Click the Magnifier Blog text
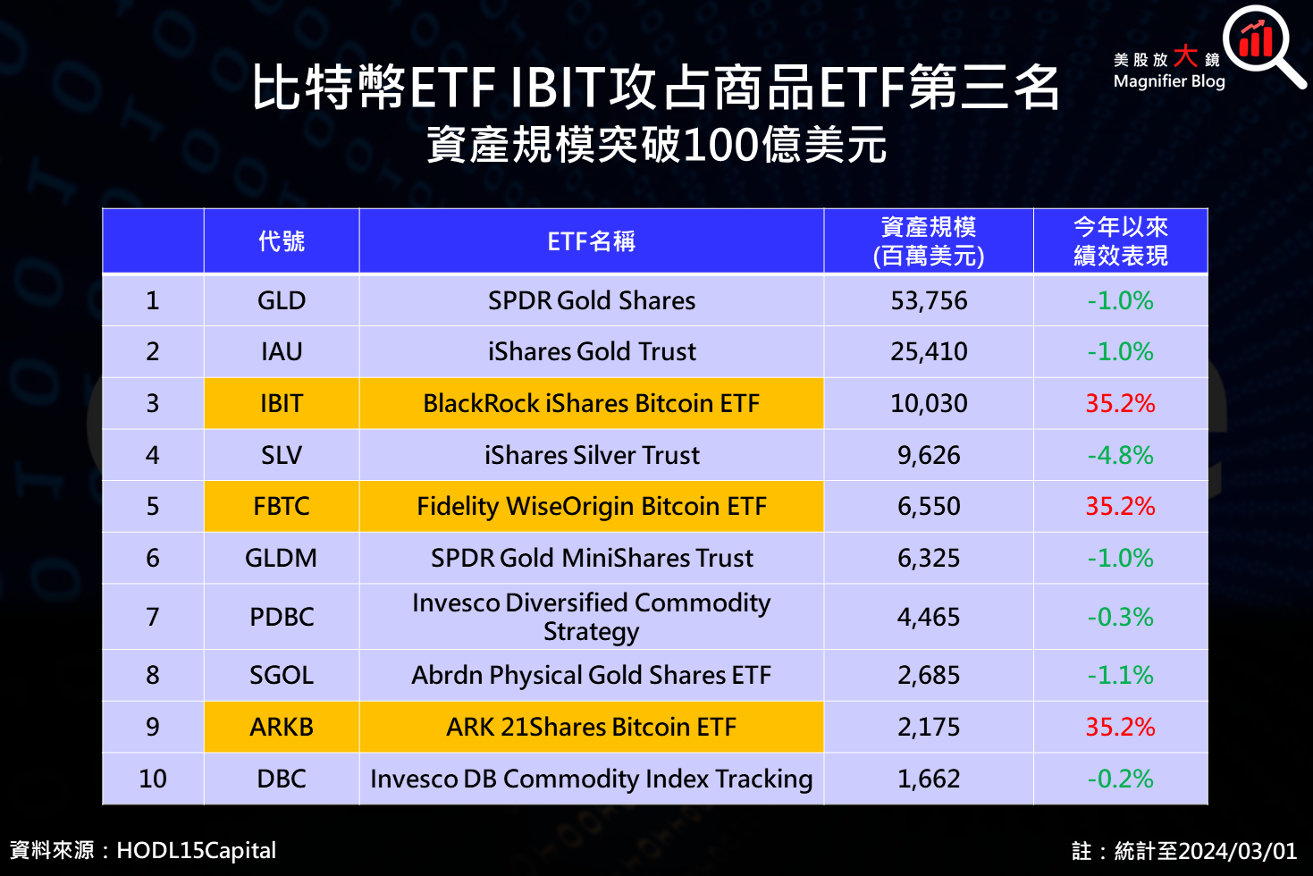[x=1169, y=81]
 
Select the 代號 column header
[x=282, y=241]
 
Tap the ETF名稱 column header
[x=591, y=241]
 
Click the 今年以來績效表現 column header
[x=1120, y=241]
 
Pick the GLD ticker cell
[x=282, y=300]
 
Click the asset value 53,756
[x=929, y=300]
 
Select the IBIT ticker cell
[x=282, y=403]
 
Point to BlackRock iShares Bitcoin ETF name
[x=591, y=403]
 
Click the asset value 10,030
[x=929, y=403]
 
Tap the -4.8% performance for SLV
[x=1120, y=455]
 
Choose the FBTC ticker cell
[x=282, y=506]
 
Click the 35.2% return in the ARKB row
[x=1120, y=727]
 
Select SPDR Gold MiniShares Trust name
[x=592, y=558]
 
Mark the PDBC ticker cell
[x=282, y=617]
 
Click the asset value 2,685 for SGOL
[x=929, y=675]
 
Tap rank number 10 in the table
[x=153, y=779]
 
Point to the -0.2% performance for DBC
[x=1120, y=779]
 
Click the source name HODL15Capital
[x=196, y=850]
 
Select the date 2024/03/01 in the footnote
[x=1237, y=851]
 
